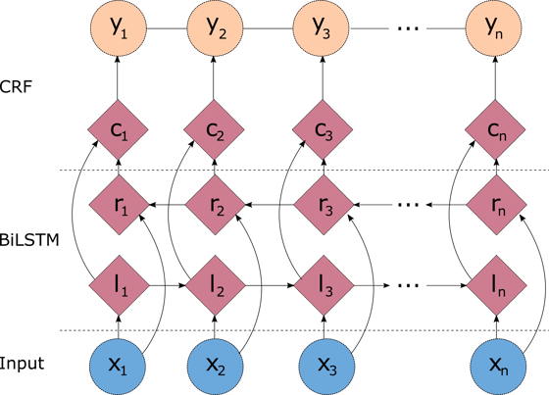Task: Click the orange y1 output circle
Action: click(118, 28)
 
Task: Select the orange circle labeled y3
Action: click(322, 28)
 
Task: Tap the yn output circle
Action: click(494, 28)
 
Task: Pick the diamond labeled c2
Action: click(215, 129)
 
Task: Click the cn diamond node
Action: click(495, 129)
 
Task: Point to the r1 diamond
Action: click(119, 205)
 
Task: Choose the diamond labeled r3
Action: click(324, 205)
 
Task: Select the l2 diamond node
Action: click(216, 285)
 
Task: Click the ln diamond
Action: click(497, 285)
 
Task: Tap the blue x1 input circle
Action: click(118, 367)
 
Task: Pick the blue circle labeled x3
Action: click(326, 367)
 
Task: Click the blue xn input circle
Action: click(498, 367)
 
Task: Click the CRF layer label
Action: click(16, 87)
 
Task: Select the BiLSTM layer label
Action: click(29, 240)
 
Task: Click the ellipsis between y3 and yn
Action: click(408, 28)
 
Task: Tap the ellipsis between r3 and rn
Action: click(409, 205)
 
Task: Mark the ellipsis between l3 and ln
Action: click(409, 285)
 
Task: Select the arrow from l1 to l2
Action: click(168, 285)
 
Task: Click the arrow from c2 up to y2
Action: click(214, 78)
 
